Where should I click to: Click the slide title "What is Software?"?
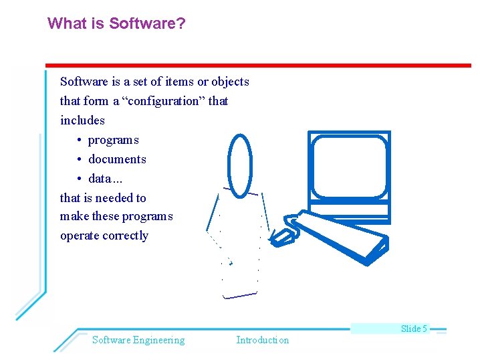click(x=116, y=24)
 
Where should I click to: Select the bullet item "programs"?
click(x=113, y=140)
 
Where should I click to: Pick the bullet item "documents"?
click(x=117, y=159)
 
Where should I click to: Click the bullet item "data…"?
click(x=106, y=179)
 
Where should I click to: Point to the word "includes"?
click(x=82, y=120)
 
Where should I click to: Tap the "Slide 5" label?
click(x=414, y=329)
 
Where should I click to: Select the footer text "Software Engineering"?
click(x=138, y=340)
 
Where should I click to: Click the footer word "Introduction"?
click(x=262, y=340)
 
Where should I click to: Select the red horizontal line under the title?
click(x=257, y=65)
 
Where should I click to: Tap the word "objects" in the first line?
click(x=230, y=82)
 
